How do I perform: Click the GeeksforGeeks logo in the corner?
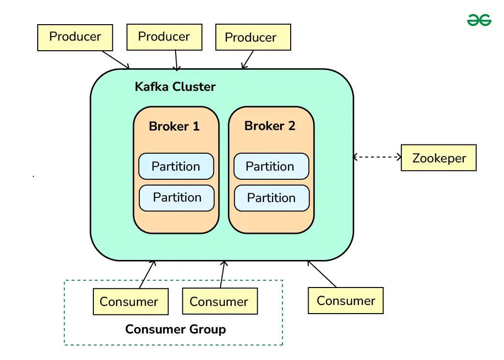pyautogui.click(x=479, y=20)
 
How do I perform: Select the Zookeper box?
pyautogui.click(x=439, y=158)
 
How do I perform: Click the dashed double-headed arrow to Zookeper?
pyautogui.click(x=377, y=157)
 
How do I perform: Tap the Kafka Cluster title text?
pyautogui.click(x=175, y=87)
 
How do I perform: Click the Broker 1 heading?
pyautogui.click(x=174, y=127)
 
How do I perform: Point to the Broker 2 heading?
pyautogui.click(x=270, y=126)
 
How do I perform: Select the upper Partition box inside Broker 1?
pyautogui.click(x=176, y=166)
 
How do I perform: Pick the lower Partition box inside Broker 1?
pyautogui.click(x=177, y=198)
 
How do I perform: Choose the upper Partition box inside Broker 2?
pyautogui.click(x=271, y=166)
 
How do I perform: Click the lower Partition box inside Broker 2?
pyautogui.click(x=271, y=198)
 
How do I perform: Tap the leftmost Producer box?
pyautogui.click(x=75, y=37)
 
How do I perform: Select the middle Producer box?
pyautogui.click(x=164, y=37)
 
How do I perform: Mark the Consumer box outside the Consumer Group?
pyautogui.click(x=346, y=301)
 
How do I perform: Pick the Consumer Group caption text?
pyautogui.click(x=175, y=330)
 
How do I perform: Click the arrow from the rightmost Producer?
pyautogui.click(x=248, y=59)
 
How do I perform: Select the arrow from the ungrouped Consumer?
pyautogui.click(x=322, y=274)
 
